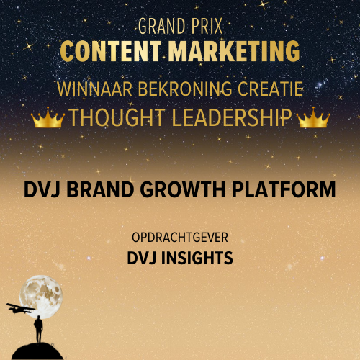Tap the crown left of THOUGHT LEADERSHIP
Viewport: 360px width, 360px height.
47,119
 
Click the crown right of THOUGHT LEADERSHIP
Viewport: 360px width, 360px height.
312,119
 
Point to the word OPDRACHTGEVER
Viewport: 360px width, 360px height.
179,237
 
